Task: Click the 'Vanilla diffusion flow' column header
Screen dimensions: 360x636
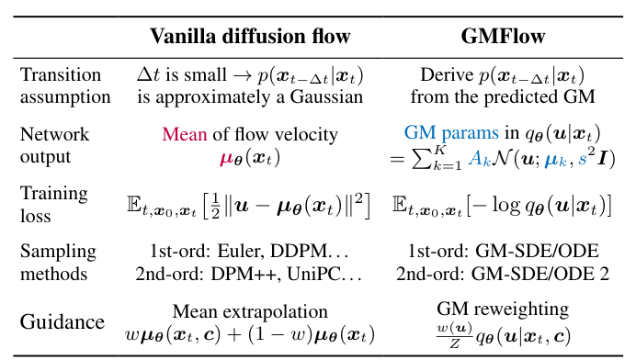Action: tap(250, 37)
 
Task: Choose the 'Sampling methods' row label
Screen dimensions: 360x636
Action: tap(56, 263)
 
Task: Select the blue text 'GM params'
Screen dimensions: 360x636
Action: tap(441, 134)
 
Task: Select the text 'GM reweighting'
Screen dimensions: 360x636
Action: tap(502, 309)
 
